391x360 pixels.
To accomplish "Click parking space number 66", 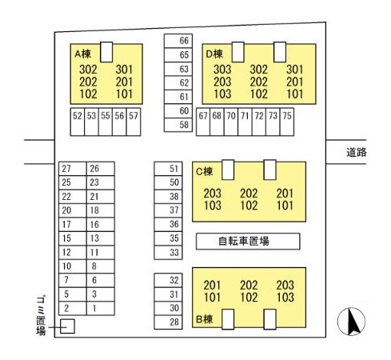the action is click(x=178, y=41).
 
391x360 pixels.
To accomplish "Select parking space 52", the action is click(x=78, y=122).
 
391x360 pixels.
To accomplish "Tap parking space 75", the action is click(x=287, y=122).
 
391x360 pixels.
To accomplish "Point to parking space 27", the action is click(x=73, y=169).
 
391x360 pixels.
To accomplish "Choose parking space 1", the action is click(x=101, y=308).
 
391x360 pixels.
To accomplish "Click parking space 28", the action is click(x=168, y=322).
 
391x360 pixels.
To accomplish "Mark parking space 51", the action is click(x=168, y=169).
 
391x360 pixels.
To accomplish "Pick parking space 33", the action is click(x=168, y=252).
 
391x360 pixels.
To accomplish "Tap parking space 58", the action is click(x=178, y=125).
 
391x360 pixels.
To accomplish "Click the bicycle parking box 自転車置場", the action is click(x=248, y=242).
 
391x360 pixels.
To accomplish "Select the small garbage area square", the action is click(x=67, y=326).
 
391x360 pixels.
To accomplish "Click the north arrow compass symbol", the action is click(x=351, y=322).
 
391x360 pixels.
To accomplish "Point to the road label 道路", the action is click(x=357, y=152).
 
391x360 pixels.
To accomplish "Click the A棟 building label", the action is click(x=82, y=54).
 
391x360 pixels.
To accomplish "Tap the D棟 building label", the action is click(x=214, y=54).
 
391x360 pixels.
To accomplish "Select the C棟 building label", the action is click(x=205, y=171).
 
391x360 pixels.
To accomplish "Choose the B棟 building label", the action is click(x=205, y=319).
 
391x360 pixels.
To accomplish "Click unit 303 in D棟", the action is click(x=222, y=70).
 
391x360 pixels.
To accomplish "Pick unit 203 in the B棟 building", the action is click(x=285, y=285).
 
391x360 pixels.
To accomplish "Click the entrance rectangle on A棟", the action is click(x=106, y=52).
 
